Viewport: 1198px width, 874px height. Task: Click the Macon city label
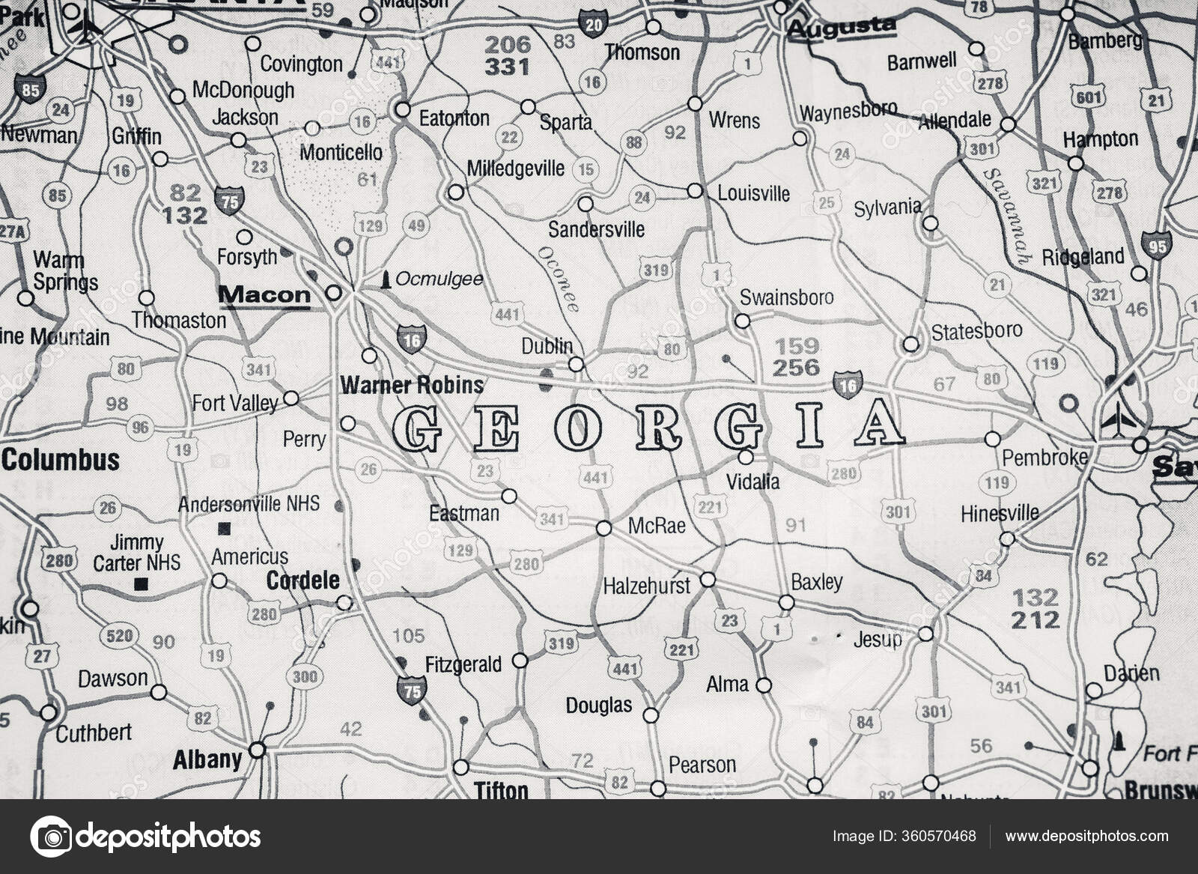[x=264, y=294]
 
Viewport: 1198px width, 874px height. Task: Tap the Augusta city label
[x=842, y=28]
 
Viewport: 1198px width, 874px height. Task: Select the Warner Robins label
[x=412, y=385]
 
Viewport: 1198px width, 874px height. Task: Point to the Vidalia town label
[x=753, y=482]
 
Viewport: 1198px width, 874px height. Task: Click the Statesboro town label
[x=976, y=330]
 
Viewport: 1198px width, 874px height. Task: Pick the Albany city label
[x=207, y=759]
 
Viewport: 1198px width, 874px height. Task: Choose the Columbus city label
[x=61, y=460]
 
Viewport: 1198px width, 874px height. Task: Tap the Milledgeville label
[x=515, y=169]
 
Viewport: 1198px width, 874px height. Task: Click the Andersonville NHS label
[x=249, y=504]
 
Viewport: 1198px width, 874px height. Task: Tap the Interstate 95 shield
[x=1156, y=245]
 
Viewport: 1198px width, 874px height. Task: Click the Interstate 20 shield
[x=592, y=24]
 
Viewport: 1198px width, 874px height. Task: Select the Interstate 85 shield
[x=30, y=88]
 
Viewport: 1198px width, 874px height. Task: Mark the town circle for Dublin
[x=576, y=364]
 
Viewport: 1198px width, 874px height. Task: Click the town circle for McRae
[x=603, y=529]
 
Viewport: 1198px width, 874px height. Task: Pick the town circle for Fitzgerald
[x=520, y=661]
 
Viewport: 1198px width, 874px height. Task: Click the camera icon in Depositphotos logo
[x=51, y=837]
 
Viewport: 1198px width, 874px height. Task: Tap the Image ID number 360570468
[x=940, y=837]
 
